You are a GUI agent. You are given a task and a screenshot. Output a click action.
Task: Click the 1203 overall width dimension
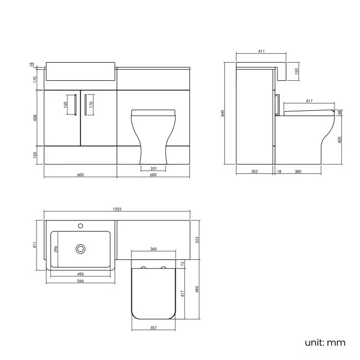(x=117, y=209)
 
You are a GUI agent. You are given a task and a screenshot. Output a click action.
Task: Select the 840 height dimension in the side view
(x=223, y=113)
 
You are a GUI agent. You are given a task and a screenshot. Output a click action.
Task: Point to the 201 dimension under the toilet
(x=153, y=168)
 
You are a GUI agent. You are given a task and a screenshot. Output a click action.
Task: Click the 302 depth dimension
(x=254, y=172)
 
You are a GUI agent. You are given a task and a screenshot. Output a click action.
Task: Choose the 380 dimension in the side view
(x=298, y=172)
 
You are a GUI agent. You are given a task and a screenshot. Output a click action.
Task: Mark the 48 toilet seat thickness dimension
(x=340, y=113)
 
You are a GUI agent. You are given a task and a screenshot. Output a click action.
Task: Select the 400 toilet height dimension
(x=340, y=139)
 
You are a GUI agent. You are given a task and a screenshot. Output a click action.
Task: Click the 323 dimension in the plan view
(x=198, y=239)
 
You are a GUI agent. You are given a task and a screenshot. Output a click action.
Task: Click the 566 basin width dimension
(x=81, y=281)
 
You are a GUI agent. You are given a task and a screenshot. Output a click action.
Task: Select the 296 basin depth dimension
(x=56, y=249)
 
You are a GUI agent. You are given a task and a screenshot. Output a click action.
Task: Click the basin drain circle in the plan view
(x=81, y=249)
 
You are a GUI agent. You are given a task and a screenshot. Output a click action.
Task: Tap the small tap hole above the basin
(x=81, y=225)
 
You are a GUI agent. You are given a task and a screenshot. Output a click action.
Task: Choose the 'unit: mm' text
(x=325, y=342)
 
